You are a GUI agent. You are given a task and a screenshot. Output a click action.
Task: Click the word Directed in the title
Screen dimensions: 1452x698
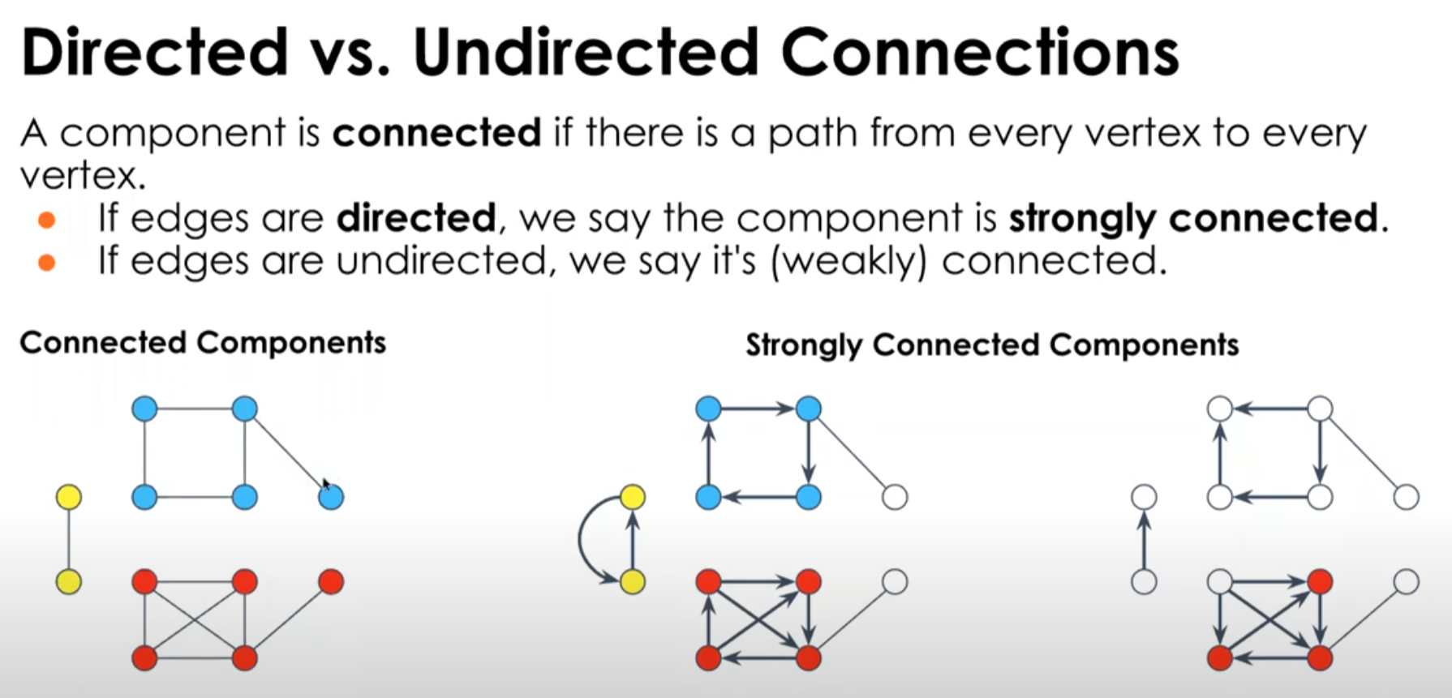pos(155,52)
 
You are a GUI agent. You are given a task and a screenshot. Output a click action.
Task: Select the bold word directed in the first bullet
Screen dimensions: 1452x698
pos(416,218)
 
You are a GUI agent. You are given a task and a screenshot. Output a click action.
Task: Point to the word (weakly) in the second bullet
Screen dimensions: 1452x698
pos(848,261)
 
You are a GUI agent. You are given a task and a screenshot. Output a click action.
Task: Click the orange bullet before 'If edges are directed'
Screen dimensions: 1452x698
pos(47,220)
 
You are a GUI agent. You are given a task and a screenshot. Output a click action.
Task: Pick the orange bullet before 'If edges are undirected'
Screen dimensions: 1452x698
pos(47,262)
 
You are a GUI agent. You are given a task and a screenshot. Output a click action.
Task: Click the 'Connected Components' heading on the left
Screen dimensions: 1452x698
pos(203,342)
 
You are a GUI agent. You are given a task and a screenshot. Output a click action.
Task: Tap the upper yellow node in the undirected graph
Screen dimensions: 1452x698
pos(69,497)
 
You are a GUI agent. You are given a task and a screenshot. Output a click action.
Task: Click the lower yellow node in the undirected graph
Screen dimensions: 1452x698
pos(69,581)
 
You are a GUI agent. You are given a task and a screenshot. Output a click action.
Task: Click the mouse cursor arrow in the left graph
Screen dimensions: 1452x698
pos(325,484)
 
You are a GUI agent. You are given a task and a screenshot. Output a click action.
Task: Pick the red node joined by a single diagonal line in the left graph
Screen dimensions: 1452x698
pos(331,581)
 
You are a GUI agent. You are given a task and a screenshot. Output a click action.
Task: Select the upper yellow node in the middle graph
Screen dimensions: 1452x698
pos(633,497)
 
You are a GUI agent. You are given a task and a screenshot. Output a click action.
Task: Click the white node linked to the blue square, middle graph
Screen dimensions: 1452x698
pos(895,497)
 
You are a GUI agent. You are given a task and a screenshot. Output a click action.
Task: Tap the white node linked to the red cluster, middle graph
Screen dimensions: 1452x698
pos(895,581)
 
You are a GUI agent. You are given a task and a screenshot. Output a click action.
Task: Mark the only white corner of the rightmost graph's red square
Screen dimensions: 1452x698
pos(1220,581)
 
